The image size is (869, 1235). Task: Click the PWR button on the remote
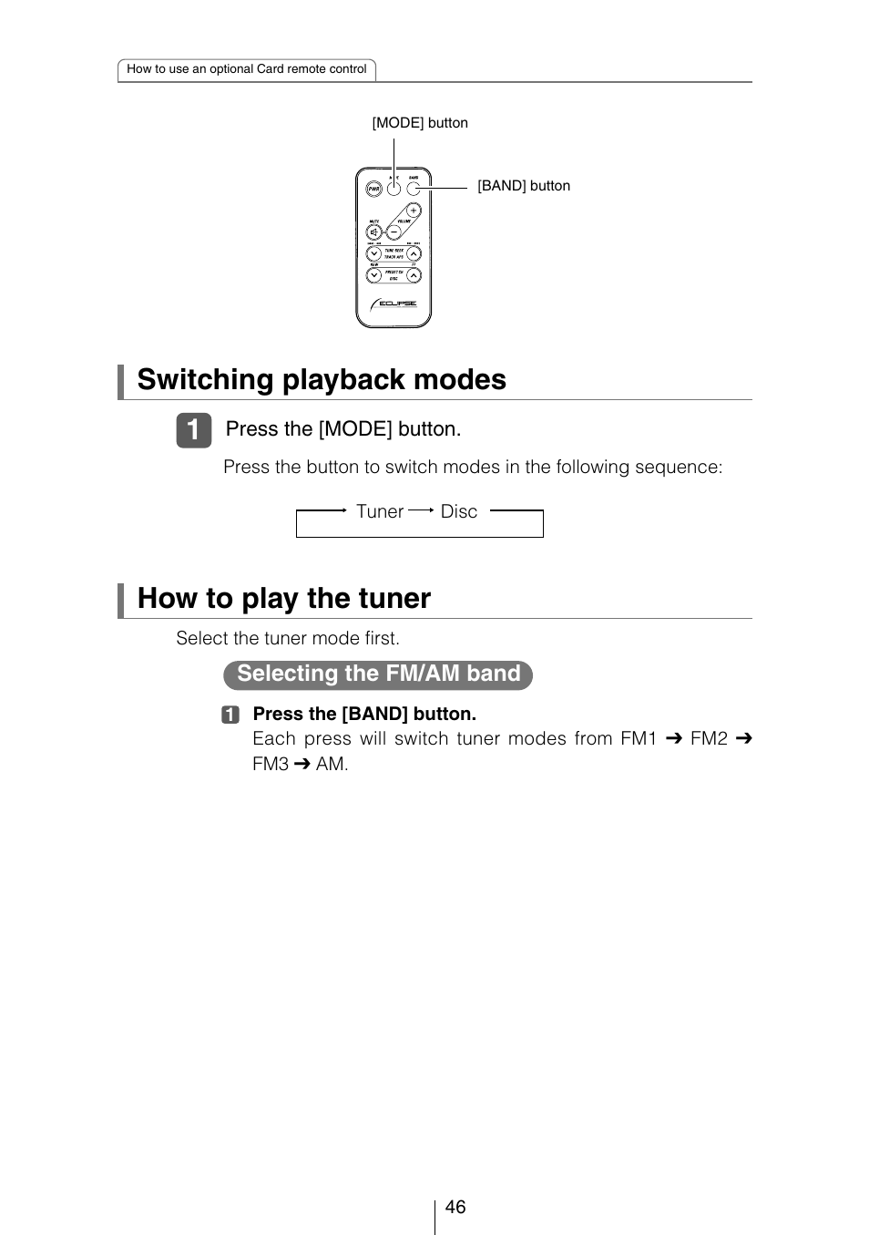(373, 190)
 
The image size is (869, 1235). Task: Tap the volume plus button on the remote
(413, 211)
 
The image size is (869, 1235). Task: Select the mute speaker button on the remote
(374, 232)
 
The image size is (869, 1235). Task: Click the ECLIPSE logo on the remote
(394, 304)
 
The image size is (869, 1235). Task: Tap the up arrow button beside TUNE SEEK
(414, 255)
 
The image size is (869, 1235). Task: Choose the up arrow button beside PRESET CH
(414, 275)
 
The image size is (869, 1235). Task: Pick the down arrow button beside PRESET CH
(373, 275)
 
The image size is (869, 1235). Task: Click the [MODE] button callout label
(420, 123)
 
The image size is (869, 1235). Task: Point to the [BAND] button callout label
(524, 186)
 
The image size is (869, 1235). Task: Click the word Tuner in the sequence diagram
(379, 511)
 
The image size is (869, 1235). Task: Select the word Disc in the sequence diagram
(459, 511)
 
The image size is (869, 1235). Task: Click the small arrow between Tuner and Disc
(421, 511)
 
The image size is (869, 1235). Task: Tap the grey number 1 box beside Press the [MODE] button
(193, 430)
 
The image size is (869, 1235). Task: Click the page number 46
(455, 1207)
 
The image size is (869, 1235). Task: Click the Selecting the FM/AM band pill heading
(378, 674)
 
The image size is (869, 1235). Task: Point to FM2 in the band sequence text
(709, 738)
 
